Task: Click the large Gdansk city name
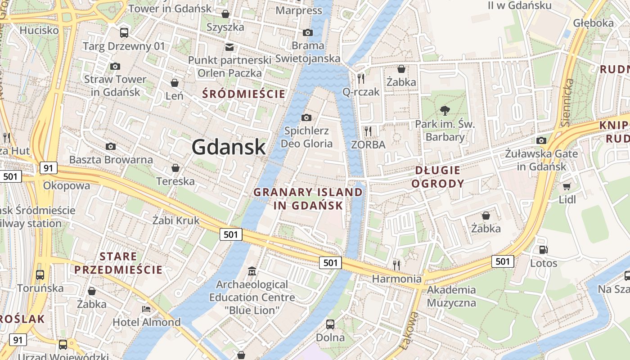[x=229, y=147]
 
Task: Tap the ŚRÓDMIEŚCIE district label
[x=244, y=94]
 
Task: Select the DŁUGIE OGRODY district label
[x=437, y=177]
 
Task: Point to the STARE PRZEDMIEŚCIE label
[x=118, y=263]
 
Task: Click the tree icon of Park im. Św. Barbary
[x=445, y=110]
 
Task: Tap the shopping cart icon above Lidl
[x=567, y=186]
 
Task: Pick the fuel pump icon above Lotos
[x=543, y=250]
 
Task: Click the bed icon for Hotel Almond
[x=146, y=309]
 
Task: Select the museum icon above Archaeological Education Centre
[x=252, y=271]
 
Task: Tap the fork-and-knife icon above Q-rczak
[x=360, y=78]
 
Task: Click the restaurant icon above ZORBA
[x=368, y=131]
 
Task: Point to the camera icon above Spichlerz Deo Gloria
[x=306, y=118]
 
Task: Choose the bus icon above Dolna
[x=330, y=324]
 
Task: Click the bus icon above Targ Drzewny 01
[x=124, y=32]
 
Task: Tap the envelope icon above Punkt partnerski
[x=229, y=47]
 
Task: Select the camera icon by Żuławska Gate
[x=541, y=140]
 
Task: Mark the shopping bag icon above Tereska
[x=175, y=168]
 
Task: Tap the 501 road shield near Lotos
[x=502, y=261]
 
